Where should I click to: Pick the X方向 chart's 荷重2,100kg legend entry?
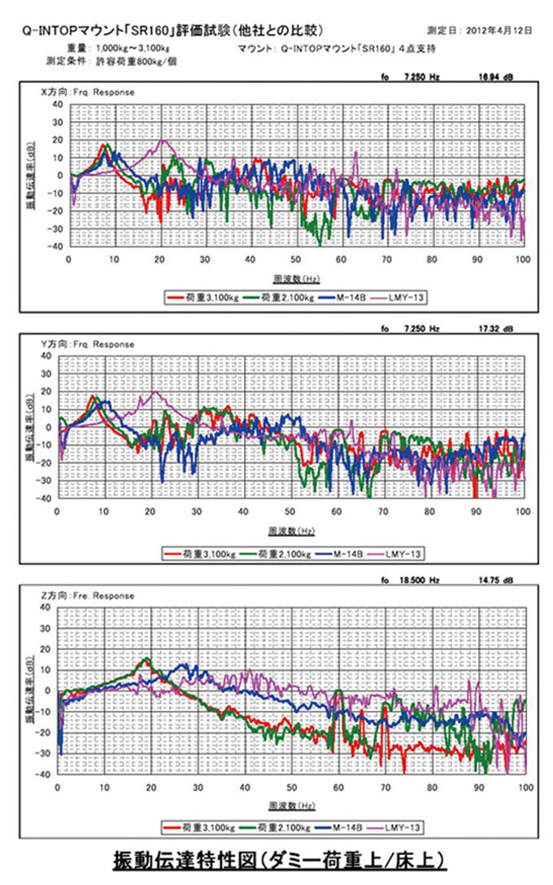tap(285, 298)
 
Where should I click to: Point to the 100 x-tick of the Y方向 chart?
tap(522, 512)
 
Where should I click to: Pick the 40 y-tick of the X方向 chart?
tap(56, 104)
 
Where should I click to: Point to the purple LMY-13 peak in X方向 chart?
tap(164, 140)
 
